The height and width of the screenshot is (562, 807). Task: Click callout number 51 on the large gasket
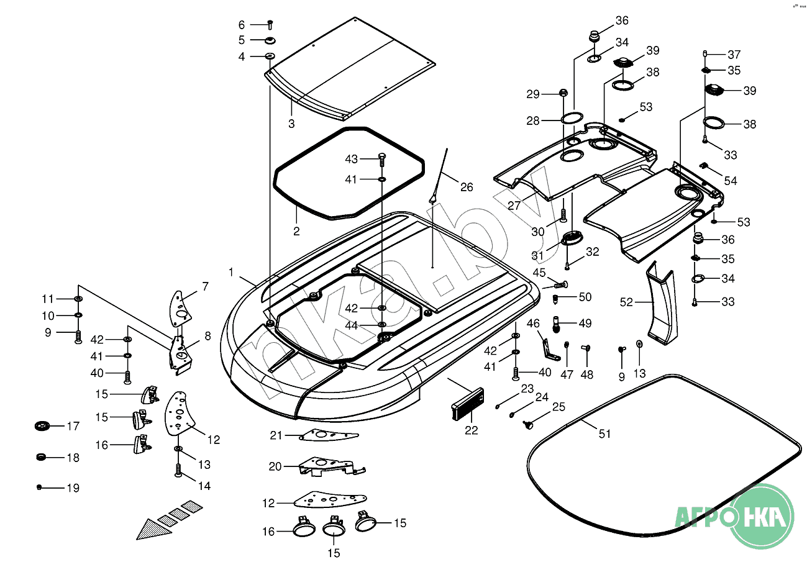pos(604,433)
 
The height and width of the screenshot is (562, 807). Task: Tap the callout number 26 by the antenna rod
pos(466,186)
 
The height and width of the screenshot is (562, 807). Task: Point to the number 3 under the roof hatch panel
pos(291,124)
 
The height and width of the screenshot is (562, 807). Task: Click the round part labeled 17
pos(42,427)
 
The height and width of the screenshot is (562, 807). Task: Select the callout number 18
pos(73,458)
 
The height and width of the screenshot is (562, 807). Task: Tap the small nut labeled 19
pos(40,487)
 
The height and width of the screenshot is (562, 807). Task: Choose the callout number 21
pos(276,436)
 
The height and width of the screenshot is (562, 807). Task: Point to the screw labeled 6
pos(270,25)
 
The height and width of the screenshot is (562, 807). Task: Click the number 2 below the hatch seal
pos(296,232)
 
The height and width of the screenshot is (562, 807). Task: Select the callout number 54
pos(731,181)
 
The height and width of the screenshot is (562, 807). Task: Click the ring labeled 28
pos(572,118)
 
